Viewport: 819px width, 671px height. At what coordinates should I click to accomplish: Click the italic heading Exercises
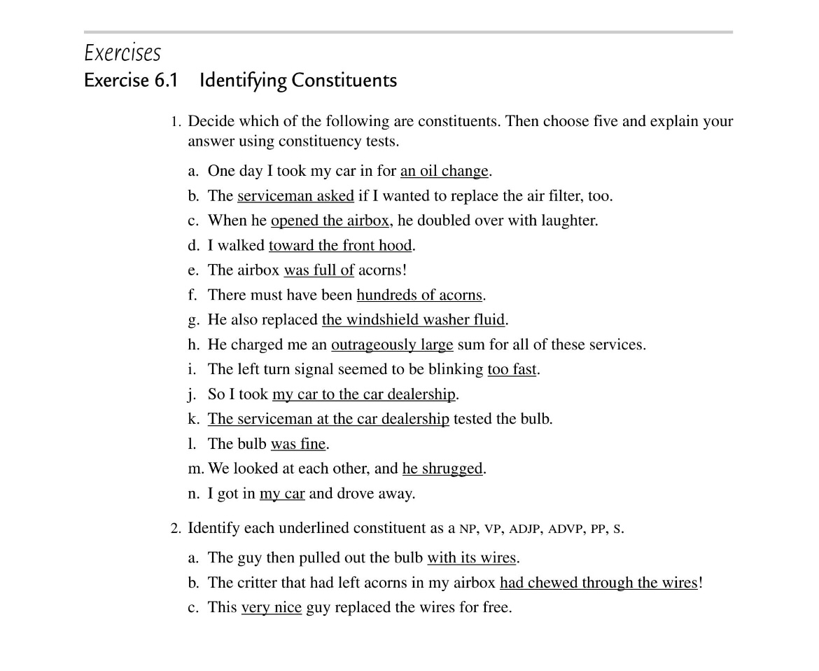coord(122,53)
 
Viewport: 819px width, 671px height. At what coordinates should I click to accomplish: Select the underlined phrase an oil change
coord(444,171)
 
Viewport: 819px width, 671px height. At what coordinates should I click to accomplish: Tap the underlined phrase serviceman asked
coord(295,196)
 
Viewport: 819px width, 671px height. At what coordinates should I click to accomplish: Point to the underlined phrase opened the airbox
coord(330,221)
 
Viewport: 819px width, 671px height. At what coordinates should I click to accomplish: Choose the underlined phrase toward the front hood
coord(340,245)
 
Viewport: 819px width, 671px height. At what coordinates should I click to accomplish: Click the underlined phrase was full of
coord(318,270)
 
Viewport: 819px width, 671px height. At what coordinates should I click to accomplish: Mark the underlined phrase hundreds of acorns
coord(419,295)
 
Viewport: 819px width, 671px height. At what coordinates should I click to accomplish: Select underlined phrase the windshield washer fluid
coord(413,320)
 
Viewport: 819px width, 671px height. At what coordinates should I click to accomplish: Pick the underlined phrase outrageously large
coord(392,345)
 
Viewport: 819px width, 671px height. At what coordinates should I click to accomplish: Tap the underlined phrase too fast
coord(512,369)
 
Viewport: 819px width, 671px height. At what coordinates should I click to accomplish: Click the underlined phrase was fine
coord(298,444)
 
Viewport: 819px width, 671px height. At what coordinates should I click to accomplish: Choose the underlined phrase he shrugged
coord(442,469)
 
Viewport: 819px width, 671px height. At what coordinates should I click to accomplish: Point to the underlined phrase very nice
coord(271,607)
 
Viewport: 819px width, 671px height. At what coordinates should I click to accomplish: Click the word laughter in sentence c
coord(568,221)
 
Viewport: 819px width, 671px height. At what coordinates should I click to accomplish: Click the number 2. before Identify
coord(176,529)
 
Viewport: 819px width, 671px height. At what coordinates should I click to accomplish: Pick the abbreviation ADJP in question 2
coord(524,530)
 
